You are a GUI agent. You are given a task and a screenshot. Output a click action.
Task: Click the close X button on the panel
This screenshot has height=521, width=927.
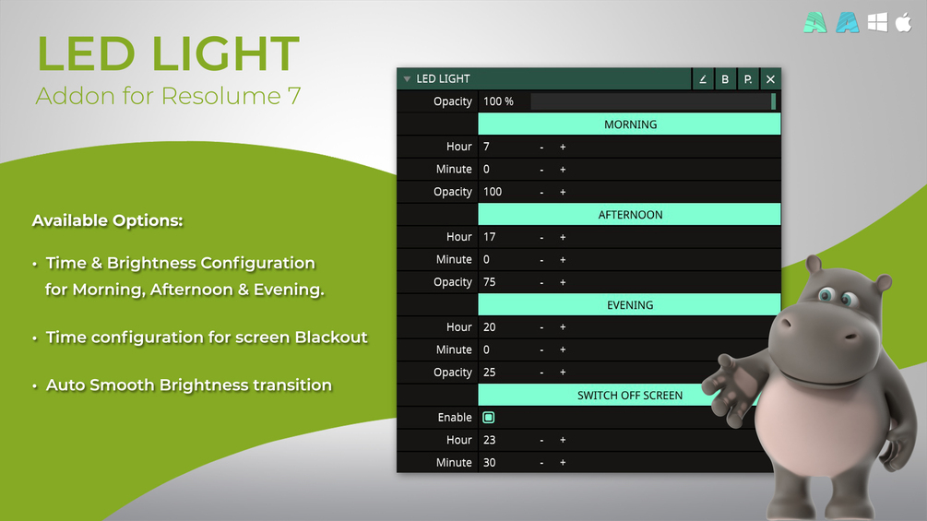click(770, 79)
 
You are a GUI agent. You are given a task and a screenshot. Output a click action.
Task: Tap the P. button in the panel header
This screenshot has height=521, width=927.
click(748, 79)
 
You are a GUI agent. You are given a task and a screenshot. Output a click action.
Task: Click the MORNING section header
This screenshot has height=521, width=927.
click(630, 124)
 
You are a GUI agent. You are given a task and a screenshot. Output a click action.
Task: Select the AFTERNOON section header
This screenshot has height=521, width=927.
click(630, 215)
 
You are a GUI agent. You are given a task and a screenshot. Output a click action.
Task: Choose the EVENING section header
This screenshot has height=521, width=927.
click(630, 305)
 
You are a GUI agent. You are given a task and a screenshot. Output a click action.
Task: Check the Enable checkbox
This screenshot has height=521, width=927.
click(488, 418)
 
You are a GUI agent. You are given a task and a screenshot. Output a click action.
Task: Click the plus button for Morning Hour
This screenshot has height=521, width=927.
click(563, 147)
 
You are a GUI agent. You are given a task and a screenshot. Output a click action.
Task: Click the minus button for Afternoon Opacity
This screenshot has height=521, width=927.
click(541, 282)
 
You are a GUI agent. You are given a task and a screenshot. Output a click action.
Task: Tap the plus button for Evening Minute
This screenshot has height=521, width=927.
click(563, 349)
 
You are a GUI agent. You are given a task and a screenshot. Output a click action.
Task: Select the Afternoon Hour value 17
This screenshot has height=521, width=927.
click(490, 237)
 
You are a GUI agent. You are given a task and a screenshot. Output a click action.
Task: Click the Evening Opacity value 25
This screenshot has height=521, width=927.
click(490, 373)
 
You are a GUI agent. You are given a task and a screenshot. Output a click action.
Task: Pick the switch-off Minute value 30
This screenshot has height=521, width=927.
click(490, 463)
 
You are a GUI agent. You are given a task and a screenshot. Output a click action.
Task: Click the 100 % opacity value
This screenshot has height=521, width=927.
click(498, 101)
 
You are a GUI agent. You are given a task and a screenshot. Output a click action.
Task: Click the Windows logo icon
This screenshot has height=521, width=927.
click(877, 22)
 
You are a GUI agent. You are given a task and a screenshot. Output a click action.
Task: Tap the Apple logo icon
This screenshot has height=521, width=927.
click(903, 22)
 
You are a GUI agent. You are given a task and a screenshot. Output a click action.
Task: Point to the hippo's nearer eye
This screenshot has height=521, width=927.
click(826, 293)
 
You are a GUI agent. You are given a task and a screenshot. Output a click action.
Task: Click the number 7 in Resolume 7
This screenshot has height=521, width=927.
click(294, 96)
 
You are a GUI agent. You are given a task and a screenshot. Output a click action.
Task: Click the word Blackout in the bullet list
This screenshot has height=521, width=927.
click(331, 337)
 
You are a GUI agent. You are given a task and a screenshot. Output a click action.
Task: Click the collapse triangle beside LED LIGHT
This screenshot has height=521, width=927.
click(407, 79)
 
